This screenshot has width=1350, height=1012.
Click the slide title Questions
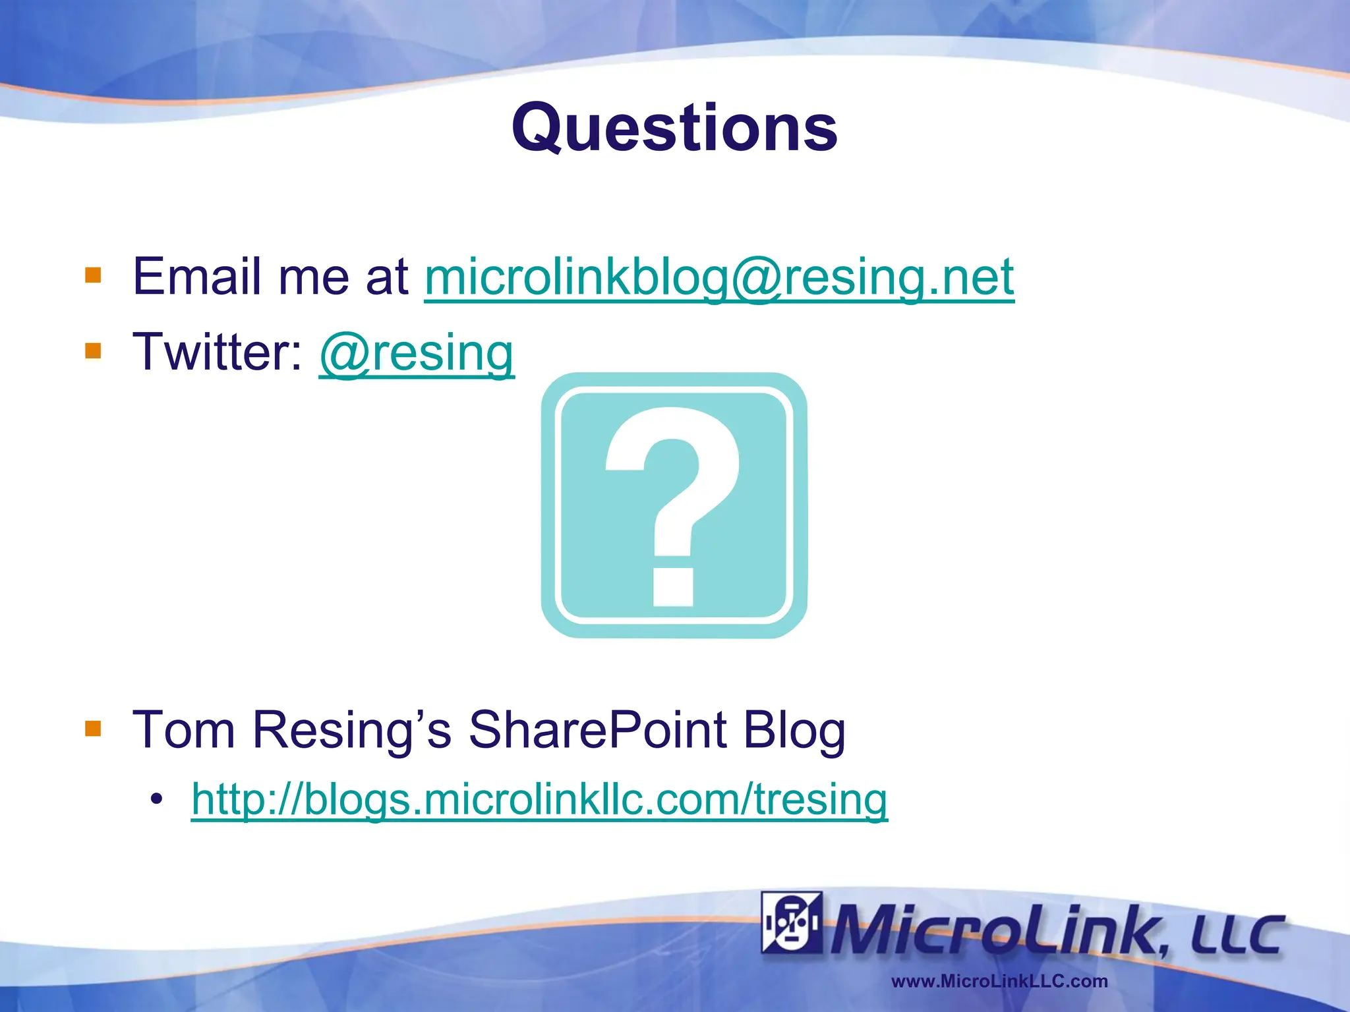[674, 128]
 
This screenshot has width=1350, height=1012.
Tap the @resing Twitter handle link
[417, 353]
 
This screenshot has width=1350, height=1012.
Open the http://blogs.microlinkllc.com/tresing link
[539, 800]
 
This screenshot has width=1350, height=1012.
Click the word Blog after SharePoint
[794, 731]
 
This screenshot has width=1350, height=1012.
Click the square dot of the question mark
[673, 586]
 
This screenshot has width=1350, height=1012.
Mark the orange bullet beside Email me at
[93, 275]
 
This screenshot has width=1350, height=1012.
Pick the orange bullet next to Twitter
[93, 350]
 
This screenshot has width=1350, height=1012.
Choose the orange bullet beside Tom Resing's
[93, 728]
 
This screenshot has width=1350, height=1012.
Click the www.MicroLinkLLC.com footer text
[999, 981]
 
